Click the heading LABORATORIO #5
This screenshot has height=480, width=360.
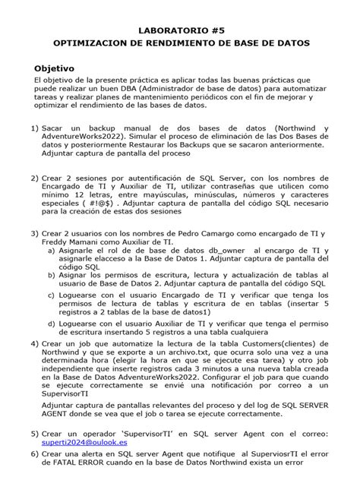point(180,30)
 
